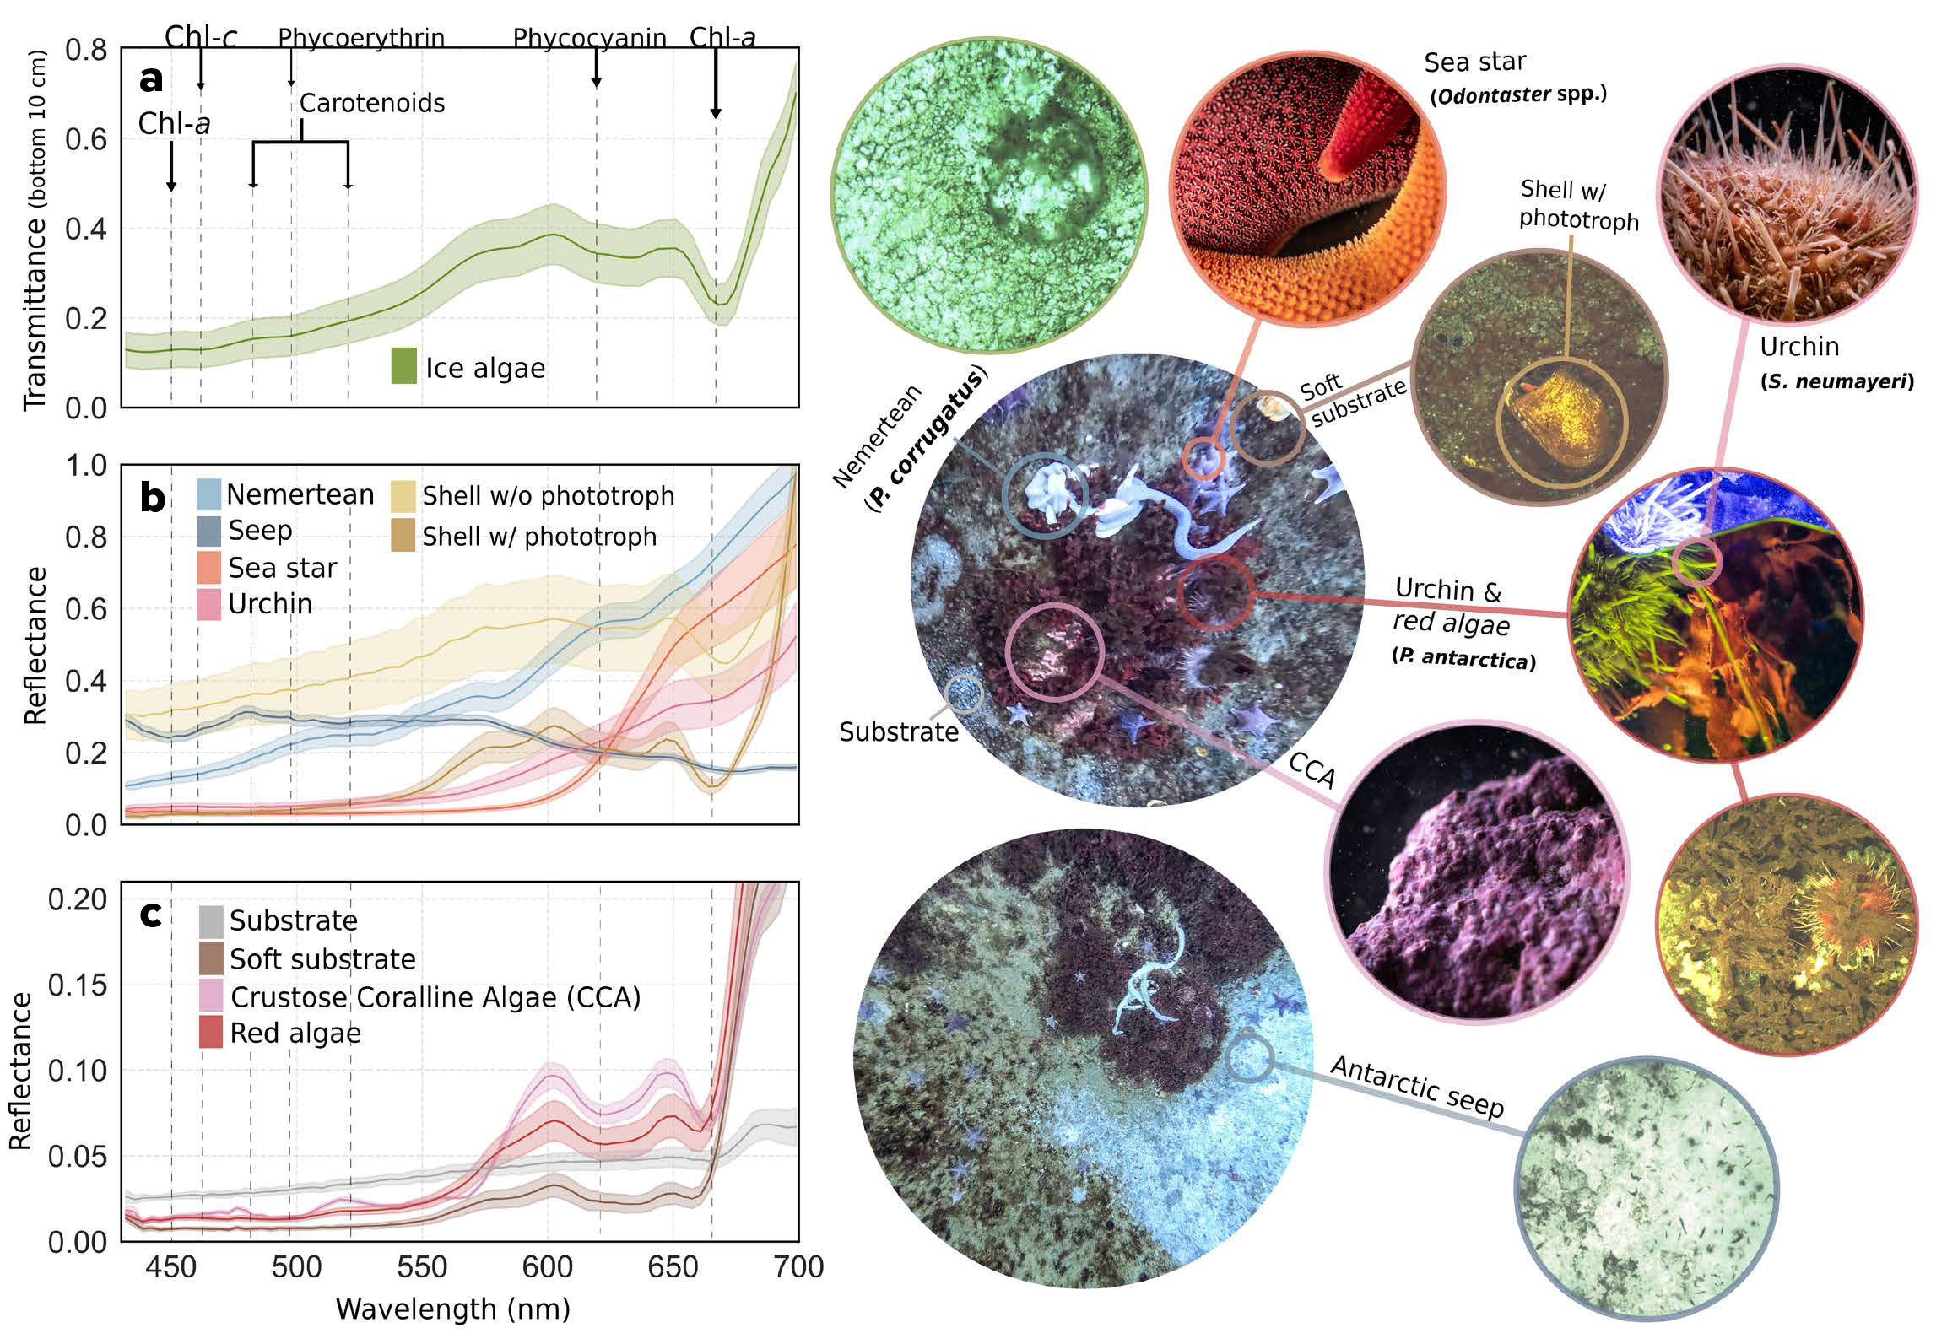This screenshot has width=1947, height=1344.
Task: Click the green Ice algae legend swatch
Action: coord(403,366)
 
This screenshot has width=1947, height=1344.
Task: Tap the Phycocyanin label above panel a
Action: coord(589,38)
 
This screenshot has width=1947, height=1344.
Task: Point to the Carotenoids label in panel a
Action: coord(372,103)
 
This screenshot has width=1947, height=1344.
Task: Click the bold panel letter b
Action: coord(152,498)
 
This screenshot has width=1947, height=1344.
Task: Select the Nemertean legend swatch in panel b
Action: coord(208,494)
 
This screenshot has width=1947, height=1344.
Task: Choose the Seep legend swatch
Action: coord(208,531)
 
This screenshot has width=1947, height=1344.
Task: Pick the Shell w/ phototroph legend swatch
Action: coord(403,536)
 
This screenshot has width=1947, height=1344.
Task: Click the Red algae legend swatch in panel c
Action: coord(210,1033)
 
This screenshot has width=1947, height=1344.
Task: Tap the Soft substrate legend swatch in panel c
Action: coord(210,958)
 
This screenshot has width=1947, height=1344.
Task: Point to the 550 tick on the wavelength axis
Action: coord(422,1266)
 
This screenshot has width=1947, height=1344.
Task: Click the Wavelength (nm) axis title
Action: coord(453,1309)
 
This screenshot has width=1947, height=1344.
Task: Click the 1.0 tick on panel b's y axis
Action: coord(86,465)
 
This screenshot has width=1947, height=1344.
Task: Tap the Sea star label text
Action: coord(1474,62)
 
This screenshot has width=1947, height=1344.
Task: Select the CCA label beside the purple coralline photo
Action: coord(1312,769)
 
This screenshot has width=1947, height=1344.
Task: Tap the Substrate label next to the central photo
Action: coord(898,731)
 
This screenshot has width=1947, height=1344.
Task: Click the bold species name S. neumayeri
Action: coord(1836,381)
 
